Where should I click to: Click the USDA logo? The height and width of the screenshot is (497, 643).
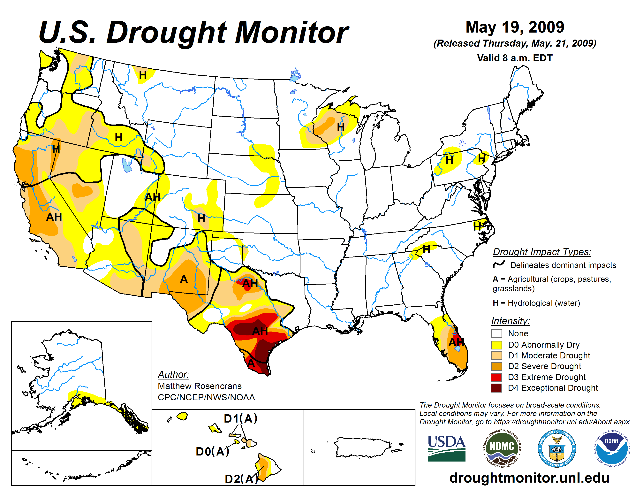coord(446,448)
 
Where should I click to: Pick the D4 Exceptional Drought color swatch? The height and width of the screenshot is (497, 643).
coord(496,388)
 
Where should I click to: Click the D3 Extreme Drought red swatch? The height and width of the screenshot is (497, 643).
coord(496,377)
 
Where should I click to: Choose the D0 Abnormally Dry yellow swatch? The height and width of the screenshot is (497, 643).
coord(496,345)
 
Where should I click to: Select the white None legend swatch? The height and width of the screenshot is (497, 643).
coord(496,334)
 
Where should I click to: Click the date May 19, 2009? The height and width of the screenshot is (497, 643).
coord(515,27)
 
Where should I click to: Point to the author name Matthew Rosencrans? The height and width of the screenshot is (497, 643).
coord(200,386)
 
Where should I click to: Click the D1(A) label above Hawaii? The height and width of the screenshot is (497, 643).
coord(240,418)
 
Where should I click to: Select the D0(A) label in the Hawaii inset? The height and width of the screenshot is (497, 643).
coord(212,451)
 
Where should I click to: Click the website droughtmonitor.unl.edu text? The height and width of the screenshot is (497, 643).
coord(529,478)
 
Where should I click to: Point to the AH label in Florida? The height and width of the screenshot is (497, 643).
coord(456,342)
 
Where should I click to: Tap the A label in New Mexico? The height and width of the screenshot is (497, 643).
coord(184,279)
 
